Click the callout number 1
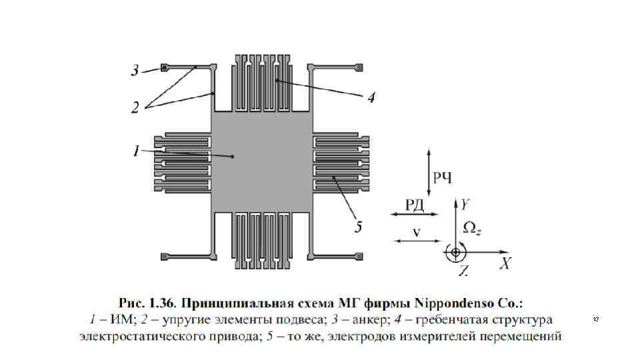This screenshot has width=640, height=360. click(x=135, y=152)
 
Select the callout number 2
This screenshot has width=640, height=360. click(x=135, y=107)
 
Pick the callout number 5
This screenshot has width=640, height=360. click(x=358, y=228)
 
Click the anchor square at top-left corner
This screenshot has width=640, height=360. click(x=163, y=68)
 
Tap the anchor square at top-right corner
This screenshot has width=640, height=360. click(x=359, y=68)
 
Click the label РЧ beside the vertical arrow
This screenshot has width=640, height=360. click(x=443, y=177)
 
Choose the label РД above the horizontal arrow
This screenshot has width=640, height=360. click(x=414, y=203)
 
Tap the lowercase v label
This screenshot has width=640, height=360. click(x=415, y=232)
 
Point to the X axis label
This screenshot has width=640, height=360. click(x=506, y=263)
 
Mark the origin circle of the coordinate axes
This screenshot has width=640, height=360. click(x=457, y=253)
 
